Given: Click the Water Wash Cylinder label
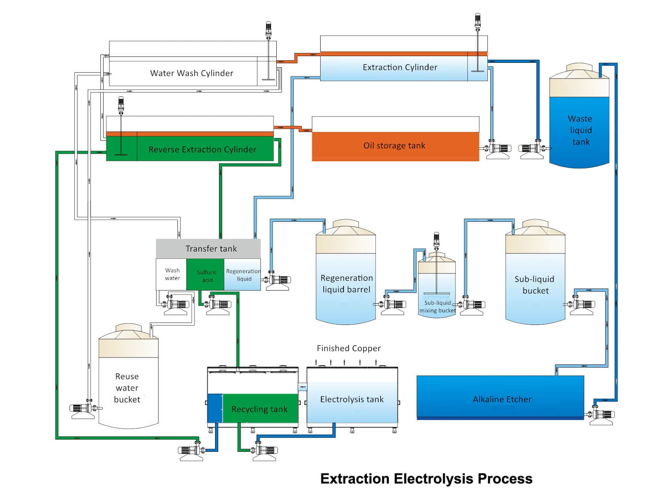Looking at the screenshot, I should (x=192, y=73).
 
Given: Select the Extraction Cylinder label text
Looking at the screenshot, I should (x=400, y=67).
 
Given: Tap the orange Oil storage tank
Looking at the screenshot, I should (x=395, y=146).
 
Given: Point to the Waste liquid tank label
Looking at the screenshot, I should (x=580, y=130).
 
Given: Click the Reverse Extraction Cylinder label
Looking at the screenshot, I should (x=202, y=149).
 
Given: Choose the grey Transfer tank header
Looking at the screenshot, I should (x=211, y=249).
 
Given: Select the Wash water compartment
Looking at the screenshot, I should (x=172, y=274).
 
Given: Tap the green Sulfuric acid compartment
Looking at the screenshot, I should (x=207, y=276).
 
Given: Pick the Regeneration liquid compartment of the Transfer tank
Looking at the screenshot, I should (x=243, y=275).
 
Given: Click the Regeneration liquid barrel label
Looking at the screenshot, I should (x=346, y=284).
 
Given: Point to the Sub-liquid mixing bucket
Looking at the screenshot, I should (x=437, y=289).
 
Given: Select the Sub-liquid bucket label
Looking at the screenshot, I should (x=535, y=285).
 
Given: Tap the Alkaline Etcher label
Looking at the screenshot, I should (x=502, y=399).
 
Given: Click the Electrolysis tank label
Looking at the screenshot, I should (x=352, y=399).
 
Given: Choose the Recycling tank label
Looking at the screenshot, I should (x=259, y=409).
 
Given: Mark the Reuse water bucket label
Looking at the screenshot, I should (x=127, y=388).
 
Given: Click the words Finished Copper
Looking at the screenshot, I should (x=349, y=348).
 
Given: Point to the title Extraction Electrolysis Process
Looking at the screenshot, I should (x=426, y=479).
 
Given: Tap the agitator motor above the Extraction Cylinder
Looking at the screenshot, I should (x=478, y=20).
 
